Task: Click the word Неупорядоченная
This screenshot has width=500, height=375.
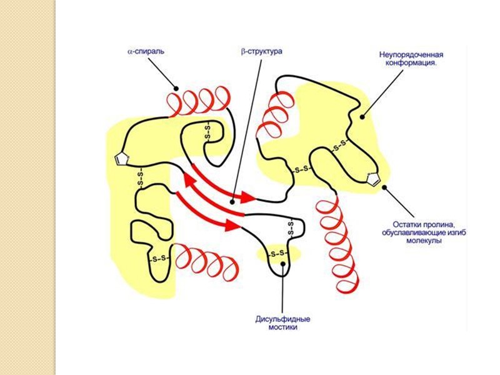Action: click(x=409, y=54)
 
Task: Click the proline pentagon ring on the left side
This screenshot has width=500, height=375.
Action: click(x=121, y=159)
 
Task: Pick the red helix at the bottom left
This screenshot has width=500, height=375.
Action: click(x=206, y=261)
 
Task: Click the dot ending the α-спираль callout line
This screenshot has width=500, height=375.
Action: click(x=177, y=87)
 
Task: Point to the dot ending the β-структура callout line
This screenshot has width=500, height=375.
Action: click(x=232, y=201)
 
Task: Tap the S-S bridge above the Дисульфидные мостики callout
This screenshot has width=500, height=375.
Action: click(x=279, y=254)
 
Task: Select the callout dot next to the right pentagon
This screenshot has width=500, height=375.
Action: click(x=384, y=186)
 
